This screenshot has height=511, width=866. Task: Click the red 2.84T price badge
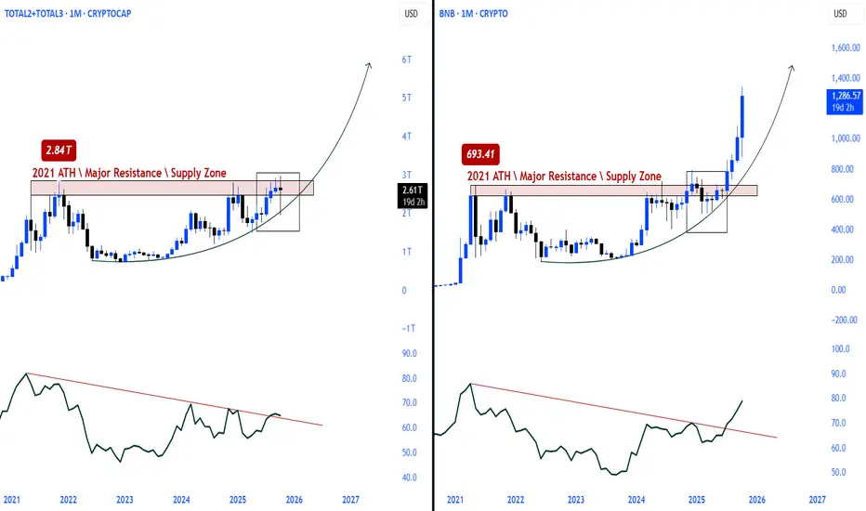[59, 151]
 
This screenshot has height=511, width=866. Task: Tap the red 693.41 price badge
[480, 154]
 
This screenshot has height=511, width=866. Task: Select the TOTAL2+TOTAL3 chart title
[68, 13]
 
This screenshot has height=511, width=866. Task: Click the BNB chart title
[473, 13]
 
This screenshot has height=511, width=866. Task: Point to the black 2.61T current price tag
[413, 195]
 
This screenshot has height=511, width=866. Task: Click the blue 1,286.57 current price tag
[845, 101]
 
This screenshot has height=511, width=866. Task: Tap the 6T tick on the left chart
[406, 59]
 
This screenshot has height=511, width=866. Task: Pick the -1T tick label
[409, 328]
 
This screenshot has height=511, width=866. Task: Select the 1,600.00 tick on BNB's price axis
[846, 48]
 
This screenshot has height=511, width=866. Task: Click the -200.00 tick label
[845, 320]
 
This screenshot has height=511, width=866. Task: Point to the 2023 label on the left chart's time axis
[125, 500]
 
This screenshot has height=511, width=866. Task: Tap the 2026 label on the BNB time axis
[756, 500]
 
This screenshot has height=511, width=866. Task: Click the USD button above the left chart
[411, 14]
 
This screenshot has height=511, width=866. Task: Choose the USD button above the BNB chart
[840, 14]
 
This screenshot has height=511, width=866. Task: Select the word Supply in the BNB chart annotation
[619, 177]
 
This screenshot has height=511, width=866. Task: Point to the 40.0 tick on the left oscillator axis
[409, 478]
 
